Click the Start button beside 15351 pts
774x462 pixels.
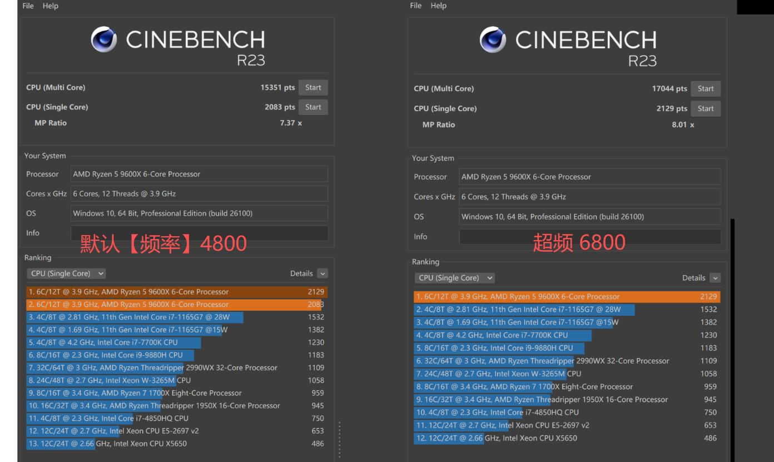coord(313,87)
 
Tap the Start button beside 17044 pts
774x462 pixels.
coord(706,88)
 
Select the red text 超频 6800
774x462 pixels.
coord(579,242)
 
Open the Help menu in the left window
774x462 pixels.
coord(51,6)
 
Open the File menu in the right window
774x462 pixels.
coord(415,6)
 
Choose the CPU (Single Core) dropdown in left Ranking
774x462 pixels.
coord(66,274)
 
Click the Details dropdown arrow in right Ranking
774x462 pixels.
coord(715,278)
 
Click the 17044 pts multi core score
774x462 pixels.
coord(669,88)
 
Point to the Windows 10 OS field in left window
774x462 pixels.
coord(199,213)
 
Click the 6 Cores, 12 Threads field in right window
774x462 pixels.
coord(589,197)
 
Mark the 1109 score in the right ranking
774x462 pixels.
coord(708,361)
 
